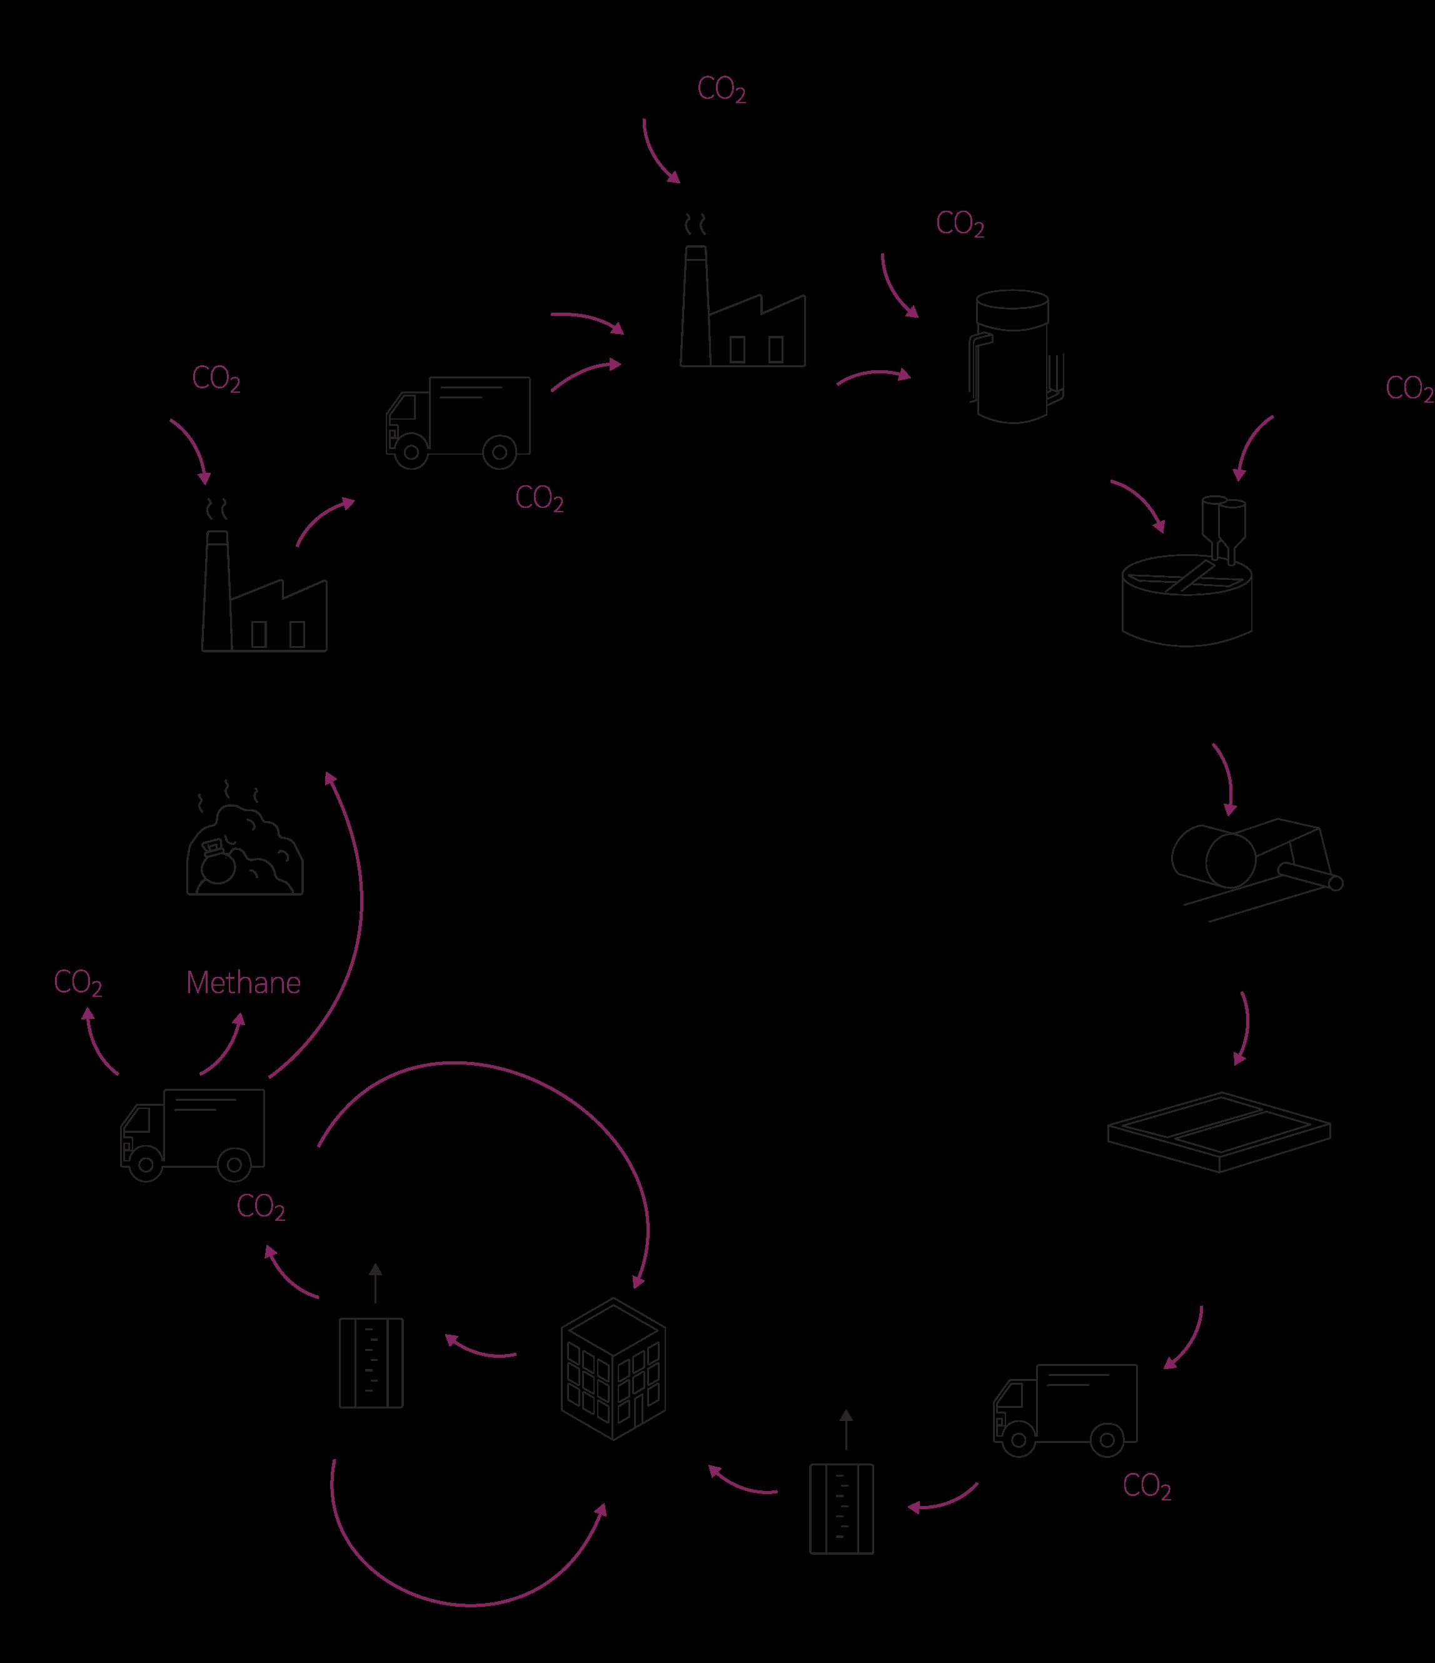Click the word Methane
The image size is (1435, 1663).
click(x=243, y=983)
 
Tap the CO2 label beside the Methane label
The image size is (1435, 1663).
click(x=78, y=983)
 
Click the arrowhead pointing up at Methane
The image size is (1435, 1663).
click(x=238, y=1017)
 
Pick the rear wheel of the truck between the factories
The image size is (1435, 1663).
click(x=499, y=453)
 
